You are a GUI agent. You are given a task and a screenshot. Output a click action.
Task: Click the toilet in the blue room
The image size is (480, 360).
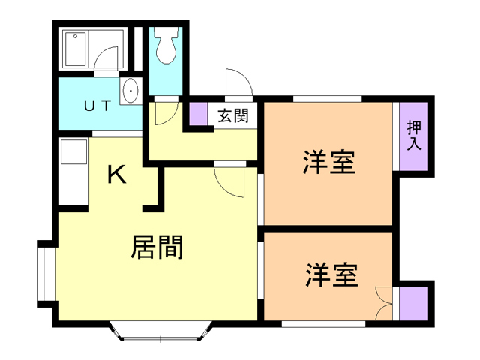(x=165, y=47)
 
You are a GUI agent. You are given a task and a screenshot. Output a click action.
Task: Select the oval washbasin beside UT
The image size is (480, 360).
(x=130, y=91)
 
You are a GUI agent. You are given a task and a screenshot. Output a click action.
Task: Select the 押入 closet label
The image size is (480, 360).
(x=414, y=136)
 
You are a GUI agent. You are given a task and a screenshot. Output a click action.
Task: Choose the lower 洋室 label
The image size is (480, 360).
(x=330, y=274)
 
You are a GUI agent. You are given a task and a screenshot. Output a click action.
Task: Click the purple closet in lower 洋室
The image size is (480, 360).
(x=412, y=303)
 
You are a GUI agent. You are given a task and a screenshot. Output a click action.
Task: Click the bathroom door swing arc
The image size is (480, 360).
(x=109, y=60)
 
